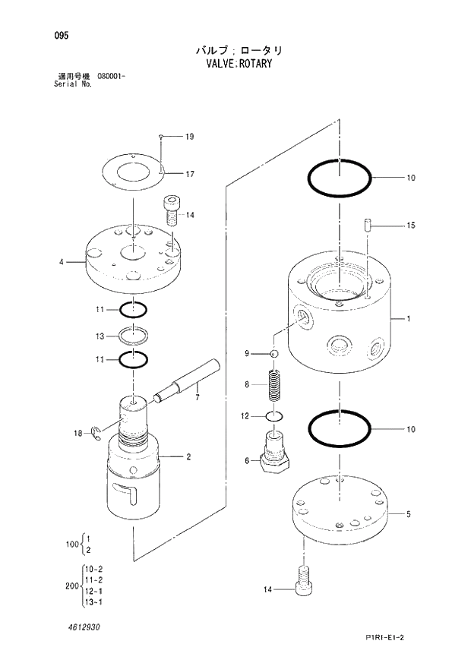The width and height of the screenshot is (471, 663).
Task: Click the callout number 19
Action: tap(189, 137)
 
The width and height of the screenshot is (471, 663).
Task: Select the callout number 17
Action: tap(189, 174)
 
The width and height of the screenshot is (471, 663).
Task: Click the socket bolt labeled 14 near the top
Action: tap(171, 210)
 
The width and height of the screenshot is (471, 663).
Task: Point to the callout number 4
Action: tap(61, 263)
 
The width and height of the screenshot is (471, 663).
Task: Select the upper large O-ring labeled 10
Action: tap(340, 180)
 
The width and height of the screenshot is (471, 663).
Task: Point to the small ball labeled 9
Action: tap(275, 354)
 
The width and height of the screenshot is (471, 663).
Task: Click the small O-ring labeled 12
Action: tap(275, 416)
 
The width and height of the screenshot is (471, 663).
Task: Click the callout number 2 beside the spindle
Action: tap(188, 456)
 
